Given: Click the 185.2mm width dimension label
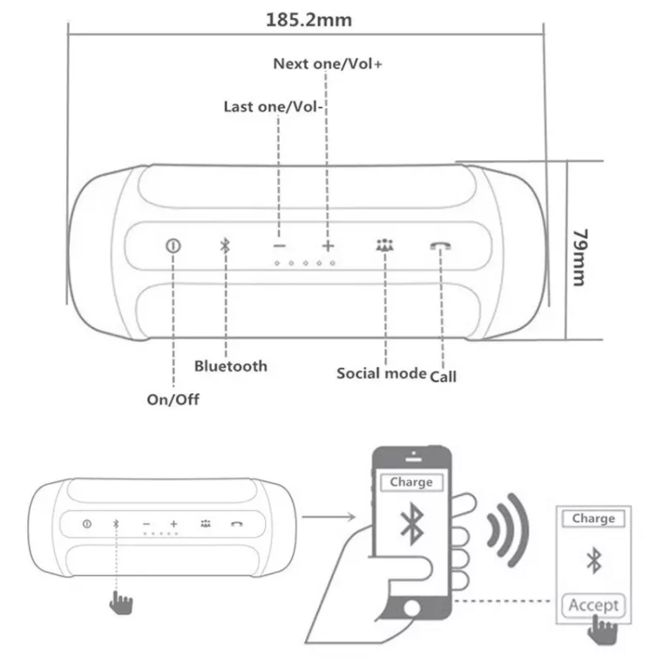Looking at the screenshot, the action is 309,20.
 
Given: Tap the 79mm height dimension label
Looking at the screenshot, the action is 581,258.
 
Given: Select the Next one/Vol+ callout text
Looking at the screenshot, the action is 328,64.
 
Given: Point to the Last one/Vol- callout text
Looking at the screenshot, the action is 273,106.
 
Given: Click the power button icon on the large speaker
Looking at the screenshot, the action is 173,245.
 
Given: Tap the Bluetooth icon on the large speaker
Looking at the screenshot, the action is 225,245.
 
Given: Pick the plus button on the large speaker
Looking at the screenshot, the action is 328,245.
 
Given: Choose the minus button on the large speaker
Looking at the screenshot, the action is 280,245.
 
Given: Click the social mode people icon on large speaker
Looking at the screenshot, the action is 385,245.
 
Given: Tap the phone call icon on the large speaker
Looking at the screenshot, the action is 440,245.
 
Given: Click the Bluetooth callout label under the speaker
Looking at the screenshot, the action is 231,366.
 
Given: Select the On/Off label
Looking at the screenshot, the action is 173,399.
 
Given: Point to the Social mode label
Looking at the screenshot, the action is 382,373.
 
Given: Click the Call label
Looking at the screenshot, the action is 443,377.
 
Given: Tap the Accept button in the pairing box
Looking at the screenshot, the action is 593,605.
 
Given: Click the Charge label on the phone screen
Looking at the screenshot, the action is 411,482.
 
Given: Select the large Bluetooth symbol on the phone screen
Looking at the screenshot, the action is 412,524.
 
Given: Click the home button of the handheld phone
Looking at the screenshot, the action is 412,608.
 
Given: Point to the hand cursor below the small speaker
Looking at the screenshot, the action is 121,602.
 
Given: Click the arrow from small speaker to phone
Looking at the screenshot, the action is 328,517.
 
